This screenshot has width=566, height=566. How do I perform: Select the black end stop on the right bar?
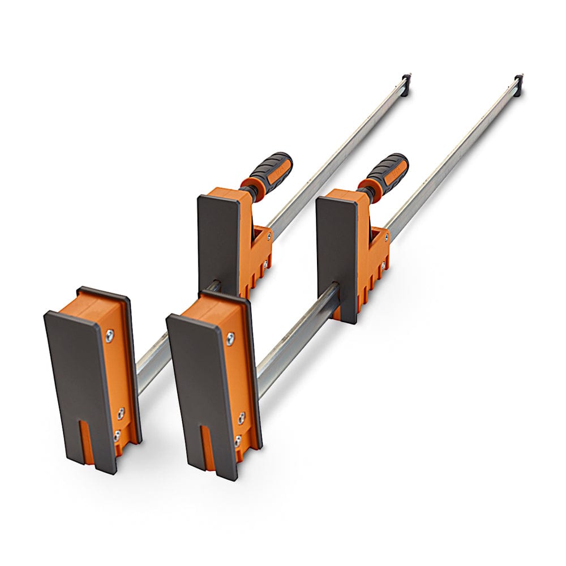click(x=518, y=77)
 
